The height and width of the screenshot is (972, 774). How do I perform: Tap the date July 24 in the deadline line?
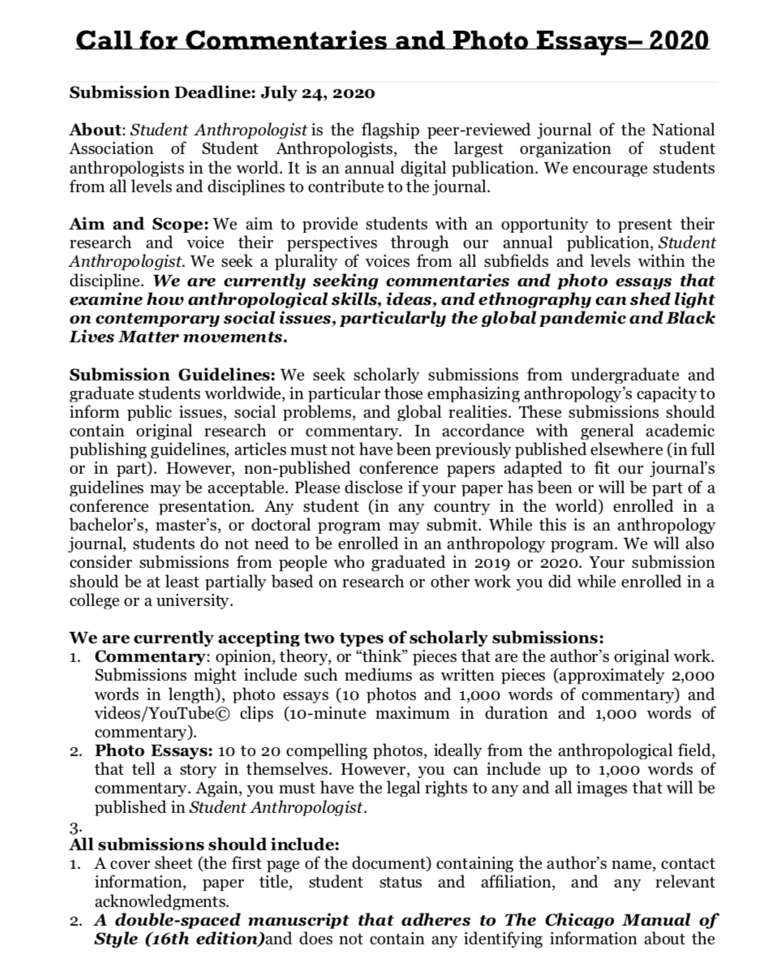289,92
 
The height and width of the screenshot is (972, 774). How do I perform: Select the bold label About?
95,130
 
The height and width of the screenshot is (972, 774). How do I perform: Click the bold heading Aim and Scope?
139,223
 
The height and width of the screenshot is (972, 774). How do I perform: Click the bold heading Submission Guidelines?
172,375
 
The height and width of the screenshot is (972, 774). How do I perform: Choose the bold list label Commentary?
149,656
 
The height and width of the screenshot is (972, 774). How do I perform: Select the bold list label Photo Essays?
154,751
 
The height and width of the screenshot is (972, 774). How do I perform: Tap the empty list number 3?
75,828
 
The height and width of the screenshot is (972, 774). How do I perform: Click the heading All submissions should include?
204,844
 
